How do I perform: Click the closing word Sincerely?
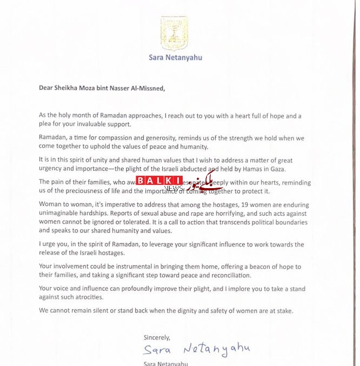[158, 337]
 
